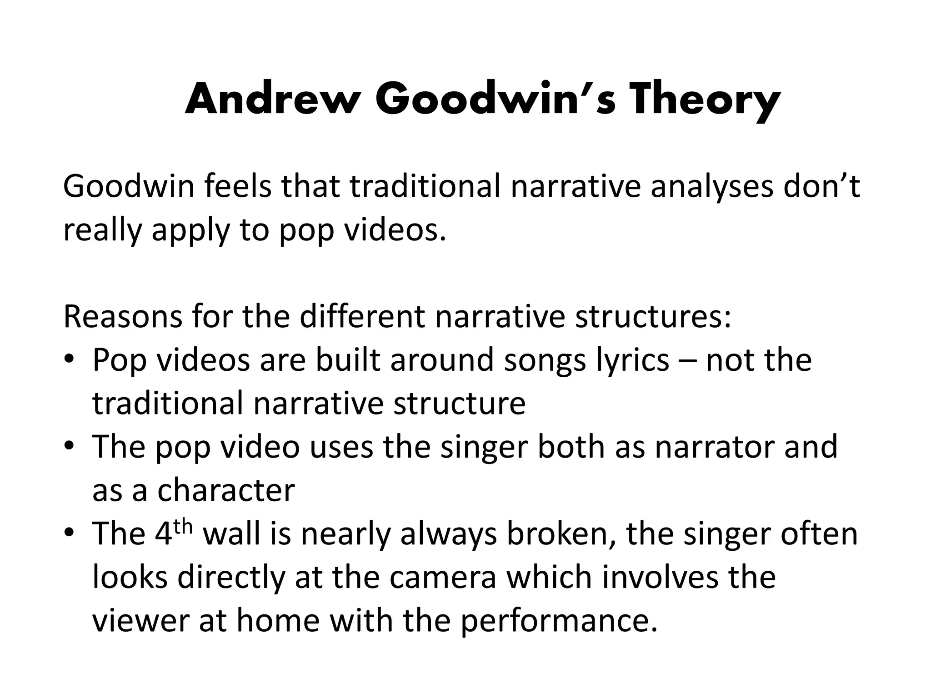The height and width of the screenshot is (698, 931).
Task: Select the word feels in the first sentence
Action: pyautogui.click(x=237, y=187)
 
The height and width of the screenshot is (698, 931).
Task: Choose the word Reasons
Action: pyautogui.click(x=123, y=317)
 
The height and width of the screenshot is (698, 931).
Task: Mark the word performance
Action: pyautogui.click(x=559, y=621)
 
